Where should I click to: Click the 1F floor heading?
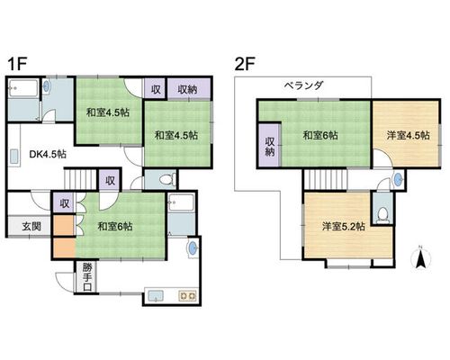[17, 64]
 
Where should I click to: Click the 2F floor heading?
[245, 64]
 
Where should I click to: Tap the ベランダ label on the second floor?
[304, 85]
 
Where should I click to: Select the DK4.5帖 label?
[48, 154]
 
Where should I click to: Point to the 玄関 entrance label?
[31, 226]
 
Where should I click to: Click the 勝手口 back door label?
[87, 277]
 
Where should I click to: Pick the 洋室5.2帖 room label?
[344, 226]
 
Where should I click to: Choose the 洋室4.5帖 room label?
[408, 135]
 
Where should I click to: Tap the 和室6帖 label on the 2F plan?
[320, 135]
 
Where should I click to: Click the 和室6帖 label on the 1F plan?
[115, 226]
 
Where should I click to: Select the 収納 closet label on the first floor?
[188, 89]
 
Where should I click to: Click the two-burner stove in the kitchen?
[187, 296]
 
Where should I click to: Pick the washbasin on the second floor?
[398, 180]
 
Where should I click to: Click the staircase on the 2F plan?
[326, 179]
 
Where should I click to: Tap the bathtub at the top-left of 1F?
[23, 88]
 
